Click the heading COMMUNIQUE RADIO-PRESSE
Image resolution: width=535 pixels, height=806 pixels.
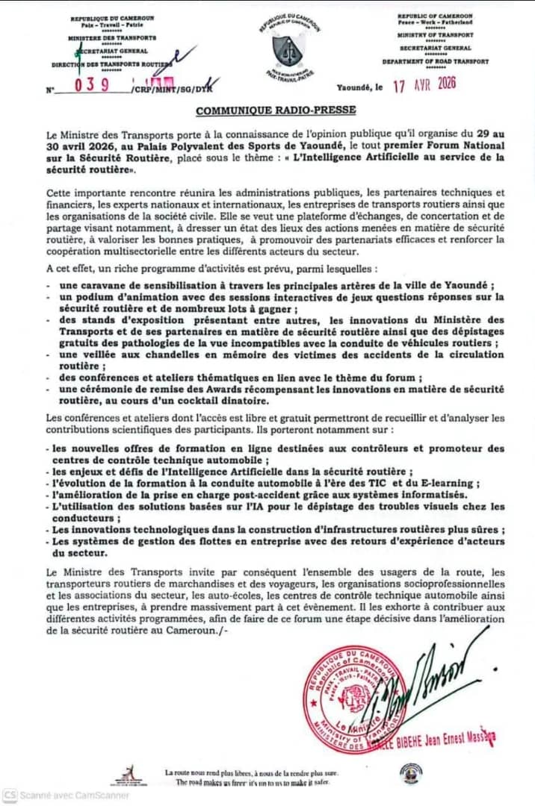tap(276, 110)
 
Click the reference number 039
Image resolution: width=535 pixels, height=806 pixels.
tap(92, 85)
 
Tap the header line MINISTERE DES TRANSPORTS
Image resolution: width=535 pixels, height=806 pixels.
tap(112, 36)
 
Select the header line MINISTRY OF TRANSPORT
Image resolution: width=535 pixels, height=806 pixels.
tap(436, 35)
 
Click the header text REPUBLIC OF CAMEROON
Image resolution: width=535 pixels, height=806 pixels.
tap(436, 16)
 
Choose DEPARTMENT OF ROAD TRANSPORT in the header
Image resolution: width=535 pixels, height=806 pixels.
tap(436, 61)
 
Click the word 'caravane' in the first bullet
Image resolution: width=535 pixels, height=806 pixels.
tap(90, 286)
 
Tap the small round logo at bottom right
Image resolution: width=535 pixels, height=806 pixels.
tap(410, 773)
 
